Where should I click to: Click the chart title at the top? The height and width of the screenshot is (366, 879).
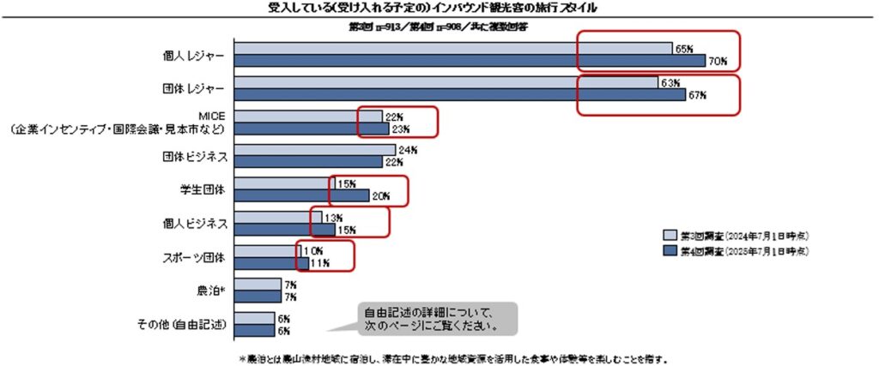439,8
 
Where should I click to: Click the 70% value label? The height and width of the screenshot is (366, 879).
718,61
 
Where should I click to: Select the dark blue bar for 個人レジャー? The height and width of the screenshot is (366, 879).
468,61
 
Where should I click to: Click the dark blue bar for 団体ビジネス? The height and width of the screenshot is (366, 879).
308,162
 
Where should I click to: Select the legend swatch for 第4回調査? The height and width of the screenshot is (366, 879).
670,251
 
